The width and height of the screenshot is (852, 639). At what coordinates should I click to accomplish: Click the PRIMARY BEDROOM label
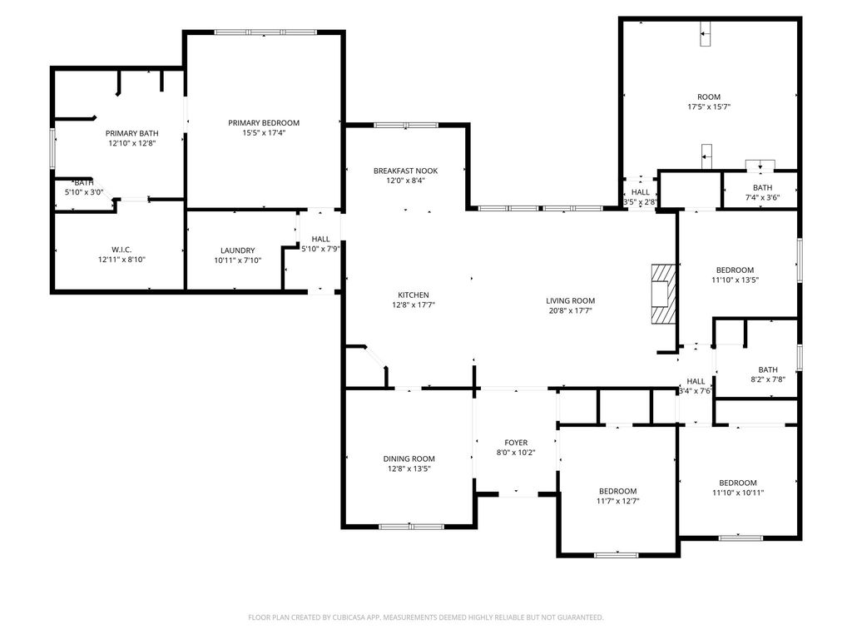264,123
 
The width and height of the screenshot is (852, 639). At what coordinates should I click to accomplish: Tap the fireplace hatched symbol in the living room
663,294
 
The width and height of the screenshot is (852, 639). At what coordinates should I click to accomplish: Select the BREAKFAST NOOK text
405,171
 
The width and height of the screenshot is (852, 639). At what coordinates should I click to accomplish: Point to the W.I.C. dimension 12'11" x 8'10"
121,260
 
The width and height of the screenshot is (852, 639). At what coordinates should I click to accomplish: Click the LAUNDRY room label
237,250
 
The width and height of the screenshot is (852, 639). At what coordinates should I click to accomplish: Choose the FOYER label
516,443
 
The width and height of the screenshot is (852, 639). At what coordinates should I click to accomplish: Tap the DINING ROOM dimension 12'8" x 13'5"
409,469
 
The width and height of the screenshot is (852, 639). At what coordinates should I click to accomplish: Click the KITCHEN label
414,295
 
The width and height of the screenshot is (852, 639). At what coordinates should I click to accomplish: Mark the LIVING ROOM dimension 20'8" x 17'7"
570,311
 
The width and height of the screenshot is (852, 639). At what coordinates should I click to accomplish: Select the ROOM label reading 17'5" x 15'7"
709,97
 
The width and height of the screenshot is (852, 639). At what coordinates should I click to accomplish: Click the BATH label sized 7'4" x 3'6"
762,187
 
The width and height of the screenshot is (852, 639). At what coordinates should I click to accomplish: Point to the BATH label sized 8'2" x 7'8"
768,370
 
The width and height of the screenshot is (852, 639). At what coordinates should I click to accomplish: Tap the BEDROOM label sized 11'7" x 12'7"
618,491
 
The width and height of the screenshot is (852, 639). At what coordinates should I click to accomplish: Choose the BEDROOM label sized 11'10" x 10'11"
738,483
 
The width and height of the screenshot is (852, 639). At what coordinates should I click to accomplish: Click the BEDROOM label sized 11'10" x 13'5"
735,270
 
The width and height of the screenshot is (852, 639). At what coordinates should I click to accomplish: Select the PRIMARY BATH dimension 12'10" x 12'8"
132,143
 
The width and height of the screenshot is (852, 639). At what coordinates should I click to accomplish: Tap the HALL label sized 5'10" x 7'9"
320,239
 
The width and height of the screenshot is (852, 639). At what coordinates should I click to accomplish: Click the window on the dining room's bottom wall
411,527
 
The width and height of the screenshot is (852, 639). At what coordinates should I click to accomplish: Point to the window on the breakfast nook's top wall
406,125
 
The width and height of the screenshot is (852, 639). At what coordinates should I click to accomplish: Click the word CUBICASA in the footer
356,617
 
